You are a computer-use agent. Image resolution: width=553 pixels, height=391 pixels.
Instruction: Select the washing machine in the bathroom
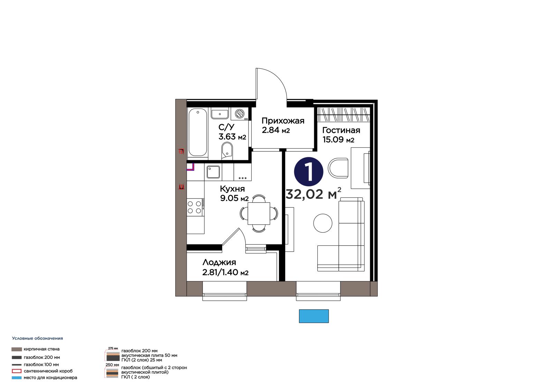point(240,114)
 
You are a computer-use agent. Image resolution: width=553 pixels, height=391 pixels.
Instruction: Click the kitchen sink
point(213,172)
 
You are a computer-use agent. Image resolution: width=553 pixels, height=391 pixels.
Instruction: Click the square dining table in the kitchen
point(259,213)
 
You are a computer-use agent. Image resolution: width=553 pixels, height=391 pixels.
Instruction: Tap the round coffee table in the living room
point(323,223)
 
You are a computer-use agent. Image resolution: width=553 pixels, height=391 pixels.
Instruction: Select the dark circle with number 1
point(308,172)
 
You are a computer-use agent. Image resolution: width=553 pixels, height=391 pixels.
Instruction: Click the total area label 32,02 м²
point(313,194)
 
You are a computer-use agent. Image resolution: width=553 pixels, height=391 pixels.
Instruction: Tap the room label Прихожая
point(283,121)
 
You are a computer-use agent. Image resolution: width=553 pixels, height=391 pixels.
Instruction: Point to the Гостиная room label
point(341,130)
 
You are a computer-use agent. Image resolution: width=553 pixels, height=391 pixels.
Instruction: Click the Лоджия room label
point(219,262)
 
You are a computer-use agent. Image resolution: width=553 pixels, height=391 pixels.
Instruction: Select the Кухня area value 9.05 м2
point(234,198)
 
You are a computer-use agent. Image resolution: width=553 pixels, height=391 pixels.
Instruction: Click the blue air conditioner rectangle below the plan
point(314,316)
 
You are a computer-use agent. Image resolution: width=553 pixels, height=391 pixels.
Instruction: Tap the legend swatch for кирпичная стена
point(17,349)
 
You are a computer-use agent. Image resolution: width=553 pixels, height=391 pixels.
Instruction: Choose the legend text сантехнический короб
point(48,371)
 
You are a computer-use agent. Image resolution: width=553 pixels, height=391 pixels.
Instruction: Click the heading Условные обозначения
point(38,338)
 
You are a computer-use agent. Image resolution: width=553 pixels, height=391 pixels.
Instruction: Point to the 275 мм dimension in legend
point(113,348)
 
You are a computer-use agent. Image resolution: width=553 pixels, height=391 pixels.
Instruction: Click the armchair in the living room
point(338,168)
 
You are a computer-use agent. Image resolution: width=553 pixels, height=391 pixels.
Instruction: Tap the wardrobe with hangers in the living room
point(344,114)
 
